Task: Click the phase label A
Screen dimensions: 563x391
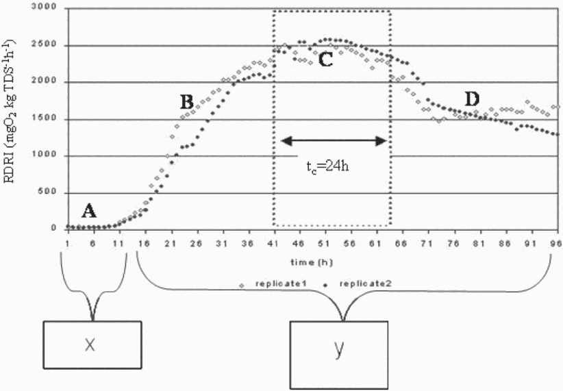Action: [x=88, y=210]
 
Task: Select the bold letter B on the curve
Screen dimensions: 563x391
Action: [x=186, y=103]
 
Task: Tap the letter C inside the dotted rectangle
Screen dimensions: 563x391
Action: [x=325, y=60]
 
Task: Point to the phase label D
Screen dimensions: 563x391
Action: [x=471, y=100]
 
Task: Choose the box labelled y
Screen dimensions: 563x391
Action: [x=339, y=350]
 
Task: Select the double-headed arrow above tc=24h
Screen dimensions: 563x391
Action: [x=334, y=141]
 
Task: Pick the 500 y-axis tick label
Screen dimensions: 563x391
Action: [x=47, y=192]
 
